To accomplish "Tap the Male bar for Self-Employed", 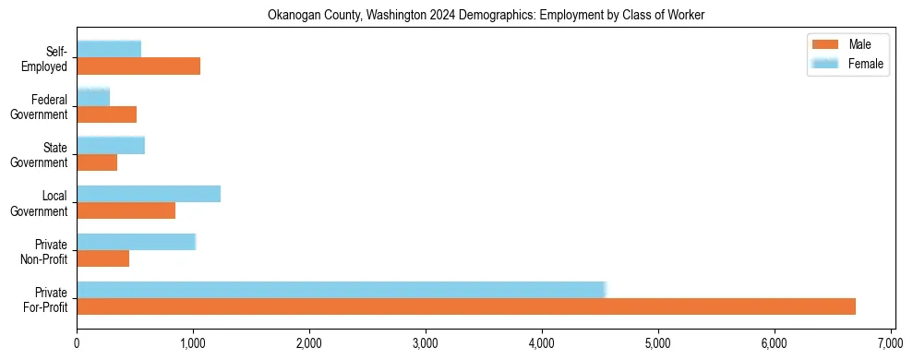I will tap(138, 66).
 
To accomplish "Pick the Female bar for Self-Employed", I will tap(109, 49).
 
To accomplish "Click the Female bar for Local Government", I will tap(149, 193).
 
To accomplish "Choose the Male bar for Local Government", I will tap(126, 210).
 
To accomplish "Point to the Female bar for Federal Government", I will tap(93, 97).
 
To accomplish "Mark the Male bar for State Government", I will tap(97, 162).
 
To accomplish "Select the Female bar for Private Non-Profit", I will tap(136, 241).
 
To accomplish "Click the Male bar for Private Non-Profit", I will tap(102, 258).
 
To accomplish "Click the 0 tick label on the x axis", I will tap(77, 343).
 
